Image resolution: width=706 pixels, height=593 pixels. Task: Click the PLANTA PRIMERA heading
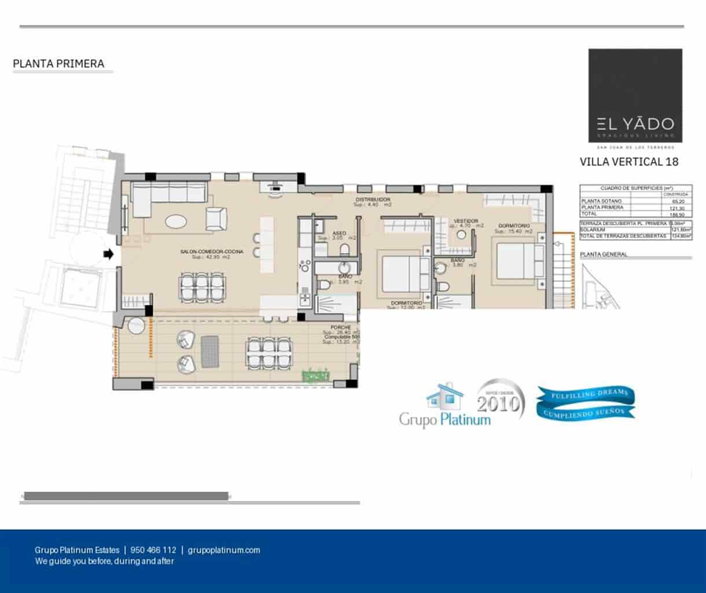tap(58, 64)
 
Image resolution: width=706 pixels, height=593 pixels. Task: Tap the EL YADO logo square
tap(635, 96)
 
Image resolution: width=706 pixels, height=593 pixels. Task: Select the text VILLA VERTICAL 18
tap(628, 162)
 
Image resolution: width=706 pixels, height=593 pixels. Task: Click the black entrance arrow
tap(108, 254)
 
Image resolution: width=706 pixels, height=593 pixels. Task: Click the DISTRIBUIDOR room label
tap(372, 200)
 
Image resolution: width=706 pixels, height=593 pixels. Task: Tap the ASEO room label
tap(339, 233)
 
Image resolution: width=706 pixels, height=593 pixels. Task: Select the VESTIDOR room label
tap(465, 221)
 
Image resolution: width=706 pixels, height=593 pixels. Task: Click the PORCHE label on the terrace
tap(341, 328)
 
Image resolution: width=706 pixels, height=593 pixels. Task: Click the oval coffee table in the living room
tap(176, 221)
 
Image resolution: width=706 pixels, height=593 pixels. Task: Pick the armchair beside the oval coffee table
tap(215, 218)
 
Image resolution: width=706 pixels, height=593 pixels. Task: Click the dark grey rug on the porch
tap(210, 351)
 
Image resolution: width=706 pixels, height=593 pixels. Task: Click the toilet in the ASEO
tap(344, 250)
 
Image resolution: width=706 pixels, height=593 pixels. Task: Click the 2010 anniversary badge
tap(500, 401)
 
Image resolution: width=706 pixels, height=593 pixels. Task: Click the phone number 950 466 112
tap(153, 550)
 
